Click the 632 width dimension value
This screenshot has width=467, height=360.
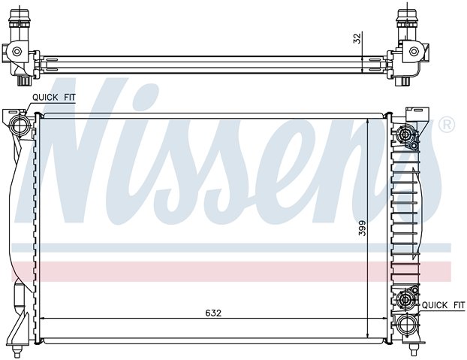coord(213,313)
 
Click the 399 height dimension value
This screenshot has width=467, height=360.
coord(362,228)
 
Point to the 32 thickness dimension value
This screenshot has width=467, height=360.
coord(357,38)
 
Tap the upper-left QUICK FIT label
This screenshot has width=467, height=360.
coord(54,98)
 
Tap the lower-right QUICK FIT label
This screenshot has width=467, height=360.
coord(443,305)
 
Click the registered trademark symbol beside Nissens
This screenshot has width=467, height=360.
coord(447,125)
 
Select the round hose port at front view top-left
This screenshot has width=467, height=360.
coord(19,126)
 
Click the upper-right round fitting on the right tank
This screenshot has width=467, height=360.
coord(405,135)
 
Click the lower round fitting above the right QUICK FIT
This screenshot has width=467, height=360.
coord(405,299)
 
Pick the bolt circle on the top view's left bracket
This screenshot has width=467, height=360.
coord(17,52)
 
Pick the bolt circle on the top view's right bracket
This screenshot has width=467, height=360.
coord(414,52)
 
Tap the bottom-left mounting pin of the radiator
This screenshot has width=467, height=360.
coord(17,351)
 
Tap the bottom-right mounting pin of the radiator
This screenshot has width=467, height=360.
coord(413,349)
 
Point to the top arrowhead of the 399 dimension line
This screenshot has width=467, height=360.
coord(369,122)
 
